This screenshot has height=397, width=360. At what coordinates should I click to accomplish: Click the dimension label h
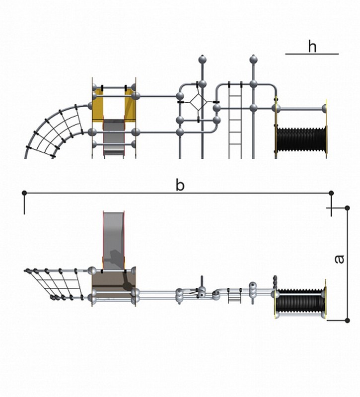312,47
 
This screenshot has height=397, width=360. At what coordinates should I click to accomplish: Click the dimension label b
180,185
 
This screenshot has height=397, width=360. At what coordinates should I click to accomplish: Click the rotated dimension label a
339,259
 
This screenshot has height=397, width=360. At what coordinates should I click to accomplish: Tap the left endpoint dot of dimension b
24,193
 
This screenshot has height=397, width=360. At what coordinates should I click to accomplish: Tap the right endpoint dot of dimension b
331,193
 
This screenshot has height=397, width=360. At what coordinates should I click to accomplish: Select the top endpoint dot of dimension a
347,208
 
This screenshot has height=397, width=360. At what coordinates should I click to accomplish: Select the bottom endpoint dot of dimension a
347,320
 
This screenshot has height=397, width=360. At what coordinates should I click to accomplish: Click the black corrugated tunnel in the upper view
301,139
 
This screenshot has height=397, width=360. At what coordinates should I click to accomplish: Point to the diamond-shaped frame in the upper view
198,102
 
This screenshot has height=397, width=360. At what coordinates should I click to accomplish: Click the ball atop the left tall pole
203,60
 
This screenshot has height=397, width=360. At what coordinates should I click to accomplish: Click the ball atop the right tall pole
253,60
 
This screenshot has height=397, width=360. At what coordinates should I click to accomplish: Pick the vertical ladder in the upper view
235,120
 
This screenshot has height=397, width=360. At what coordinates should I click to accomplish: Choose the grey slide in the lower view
114,241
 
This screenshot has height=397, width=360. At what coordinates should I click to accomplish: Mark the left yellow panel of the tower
97,105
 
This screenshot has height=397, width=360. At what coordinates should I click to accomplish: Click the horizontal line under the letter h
312,54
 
